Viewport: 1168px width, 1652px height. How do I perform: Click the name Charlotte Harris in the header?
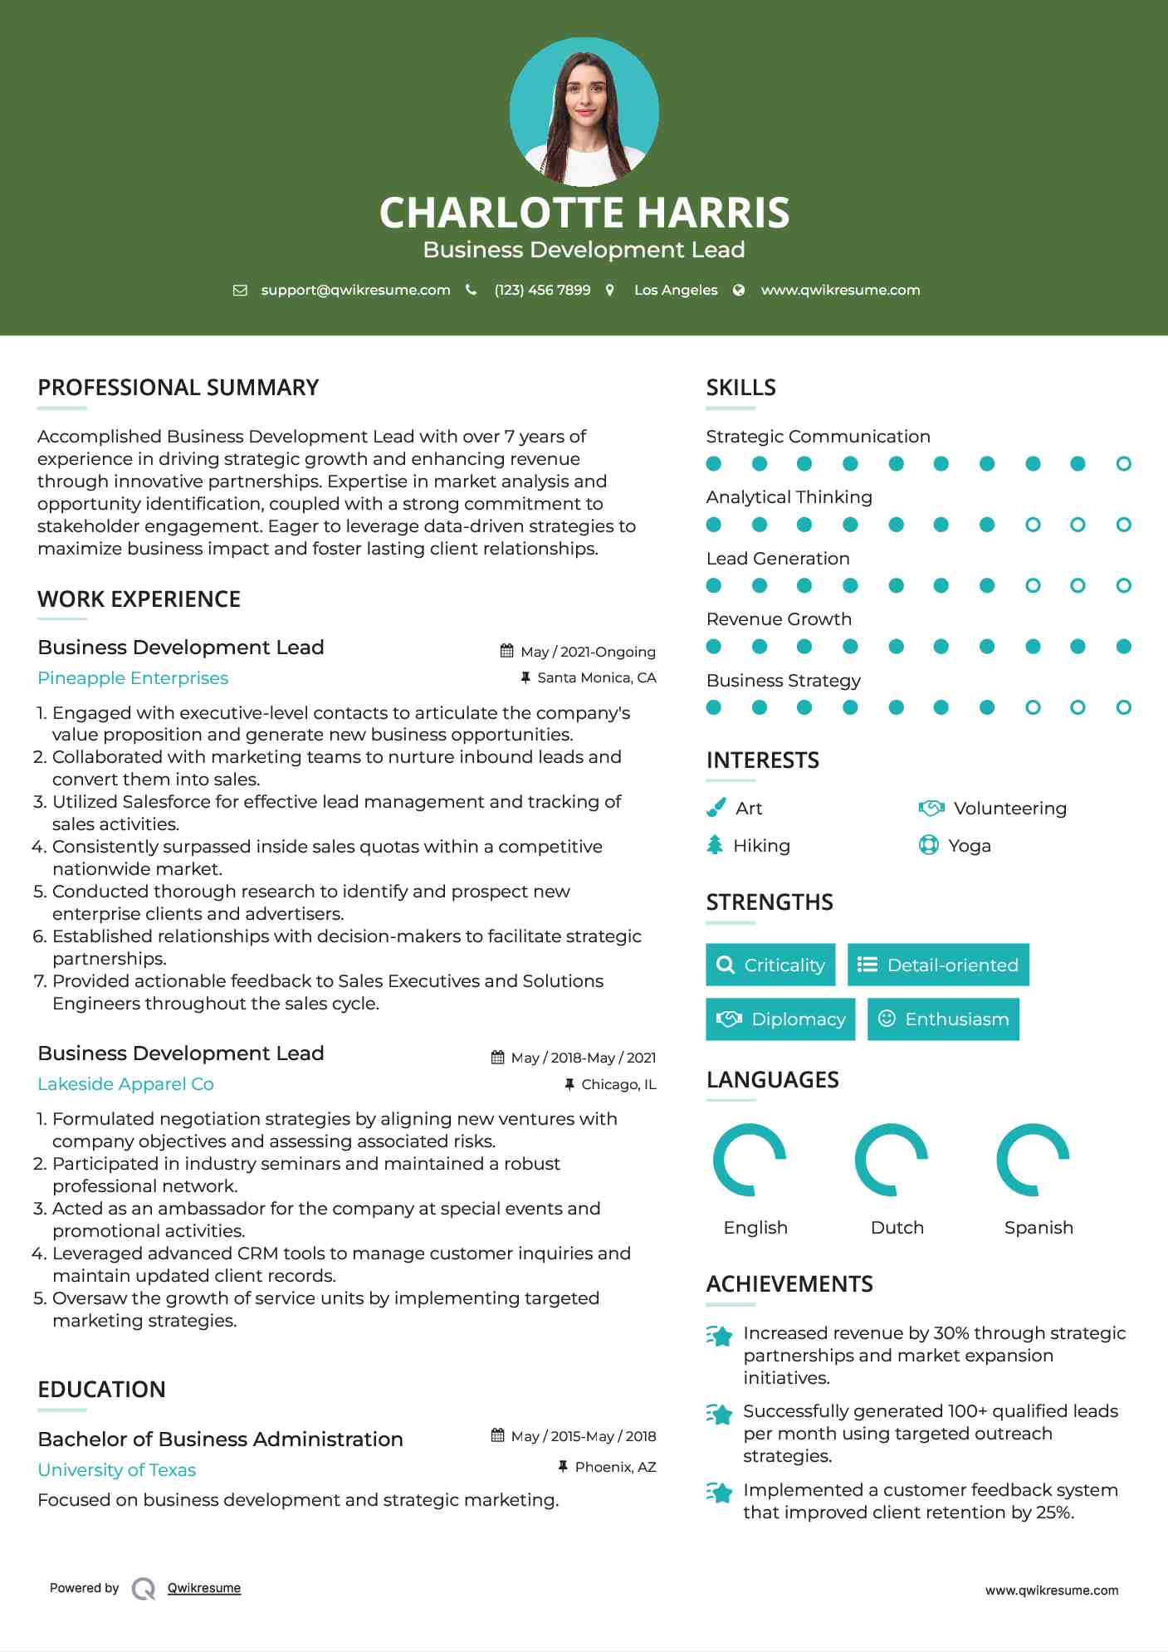coord(584,213)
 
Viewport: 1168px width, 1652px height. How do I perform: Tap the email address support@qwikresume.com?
coord(355,290)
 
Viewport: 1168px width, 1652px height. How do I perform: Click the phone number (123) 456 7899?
coord(542,290)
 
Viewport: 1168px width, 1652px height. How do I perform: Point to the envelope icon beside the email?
coord(240,290)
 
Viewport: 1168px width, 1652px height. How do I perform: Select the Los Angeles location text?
coord(675,290)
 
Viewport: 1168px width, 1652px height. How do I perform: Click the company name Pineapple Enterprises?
coord(133,678)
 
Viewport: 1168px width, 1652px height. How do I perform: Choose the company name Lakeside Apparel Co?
coord(125,1084)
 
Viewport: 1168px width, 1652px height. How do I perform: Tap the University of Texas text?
coord(116,1470)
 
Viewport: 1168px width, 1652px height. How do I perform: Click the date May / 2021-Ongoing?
coord(588,652)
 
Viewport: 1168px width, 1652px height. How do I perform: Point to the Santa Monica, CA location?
coord(596,677)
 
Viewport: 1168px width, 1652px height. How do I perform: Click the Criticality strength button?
coord(770,965)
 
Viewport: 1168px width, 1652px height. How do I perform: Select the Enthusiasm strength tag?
coord(943,1019)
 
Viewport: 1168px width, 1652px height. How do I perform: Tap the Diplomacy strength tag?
coord(780,1019)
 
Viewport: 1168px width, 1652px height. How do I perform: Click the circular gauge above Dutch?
coord(892,1159)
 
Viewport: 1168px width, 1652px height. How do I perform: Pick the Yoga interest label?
coord(969,845)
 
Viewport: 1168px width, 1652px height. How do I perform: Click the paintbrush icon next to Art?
coord(716,808)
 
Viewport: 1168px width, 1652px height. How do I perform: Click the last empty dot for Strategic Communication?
coord(1123,464)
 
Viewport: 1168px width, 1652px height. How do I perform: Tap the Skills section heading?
coord(740,388)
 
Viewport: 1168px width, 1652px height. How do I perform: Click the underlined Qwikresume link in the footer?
coord(204,1588)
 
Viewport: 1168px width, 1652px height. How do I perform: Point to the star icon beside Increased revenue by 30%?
coord(720,1336)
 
